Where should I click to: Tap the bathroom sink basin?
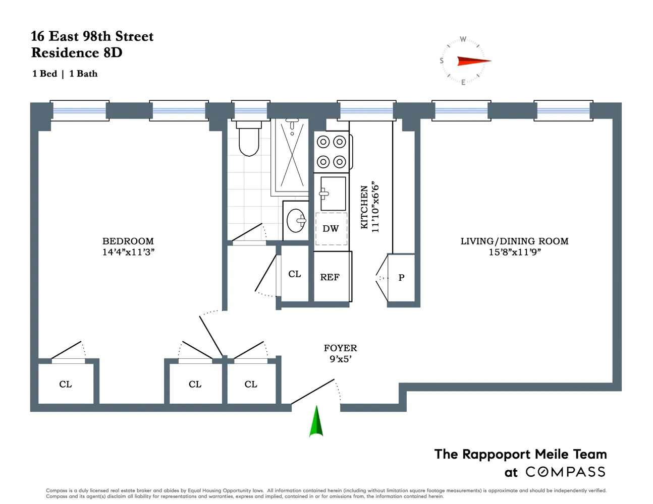tap(296, 220)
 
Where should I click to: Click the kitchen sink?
tap(333, 193)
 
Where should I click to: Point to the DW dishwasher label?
tap(331, 229)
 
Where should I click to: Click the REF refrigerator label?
tap(330, 277)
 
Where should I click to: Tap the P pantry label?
tap(401, 278)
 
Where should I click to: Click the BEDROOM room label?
tap(128, 241)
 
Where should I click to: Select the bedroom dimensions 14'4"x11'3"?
tap(128, 253)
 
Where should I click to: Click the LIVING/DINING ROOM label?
tap(514, 241)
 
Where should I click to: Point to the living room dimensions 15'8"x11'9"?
tap(514, 253)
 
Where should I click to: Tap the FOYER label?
tap(340, 348)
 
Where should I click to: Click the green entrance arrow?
tap(316, 421)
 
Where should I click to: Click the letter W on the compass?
tap(463, 39)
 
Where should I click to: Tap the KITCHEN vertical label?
tap(364, 207)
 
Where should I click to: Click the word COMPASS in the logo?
tap(565, 472)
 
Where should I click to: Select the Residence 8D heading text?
tap(77, 53)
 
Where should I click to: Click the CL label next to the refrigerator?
tap(294, 274)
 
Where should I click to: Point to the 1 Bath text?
tap(83, 74)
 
